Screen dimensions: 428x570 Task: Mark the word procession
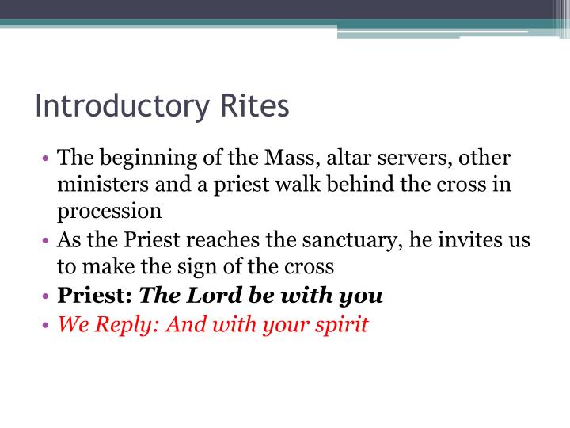click(109, 212)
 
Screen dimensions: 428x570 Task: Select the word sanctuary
click(325, 239)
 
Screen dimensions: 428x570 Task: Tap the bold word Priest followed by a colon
click(94, 296)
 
